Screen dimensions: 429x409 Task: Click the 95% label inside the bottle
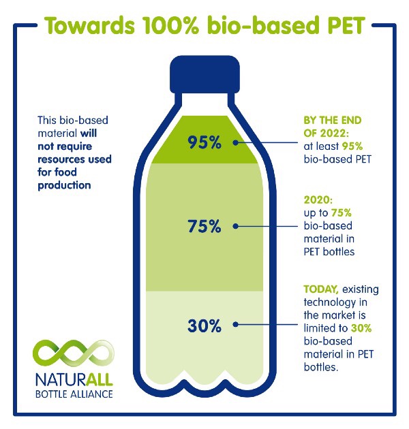tap(205, 143)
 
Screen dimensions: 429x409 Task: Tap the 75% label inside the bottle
tap(205, 227)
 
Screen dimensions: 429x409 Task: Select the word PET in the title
tap(339, 26)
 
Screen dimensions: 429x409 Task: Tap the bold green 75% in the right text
tap(344, 214)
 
